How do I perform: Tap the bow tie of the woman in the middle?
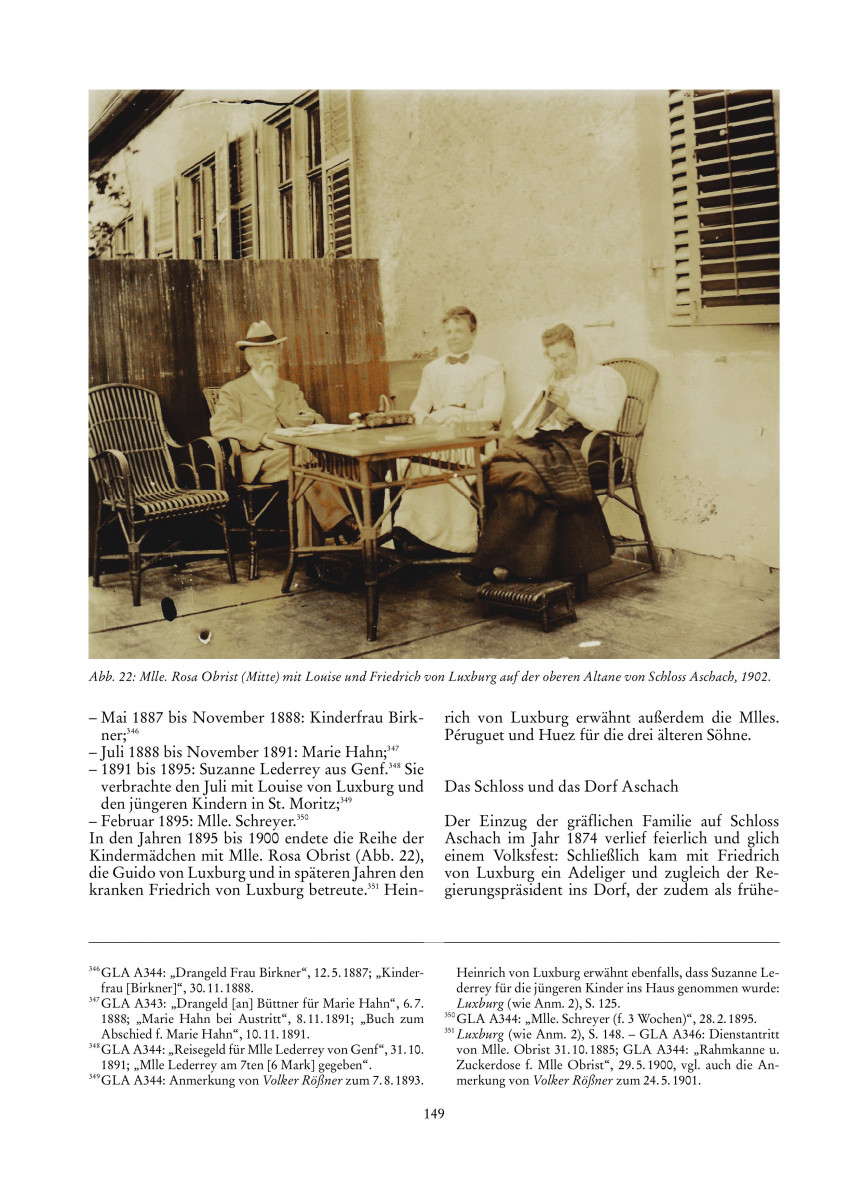tap(459, 358)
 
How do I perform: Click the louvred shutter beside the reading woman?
tap(724, 204)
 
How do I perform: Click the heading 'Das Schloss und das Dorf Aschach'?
tap(561, 786)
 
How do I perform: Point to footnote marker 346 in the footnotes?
tap(94, 968)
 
